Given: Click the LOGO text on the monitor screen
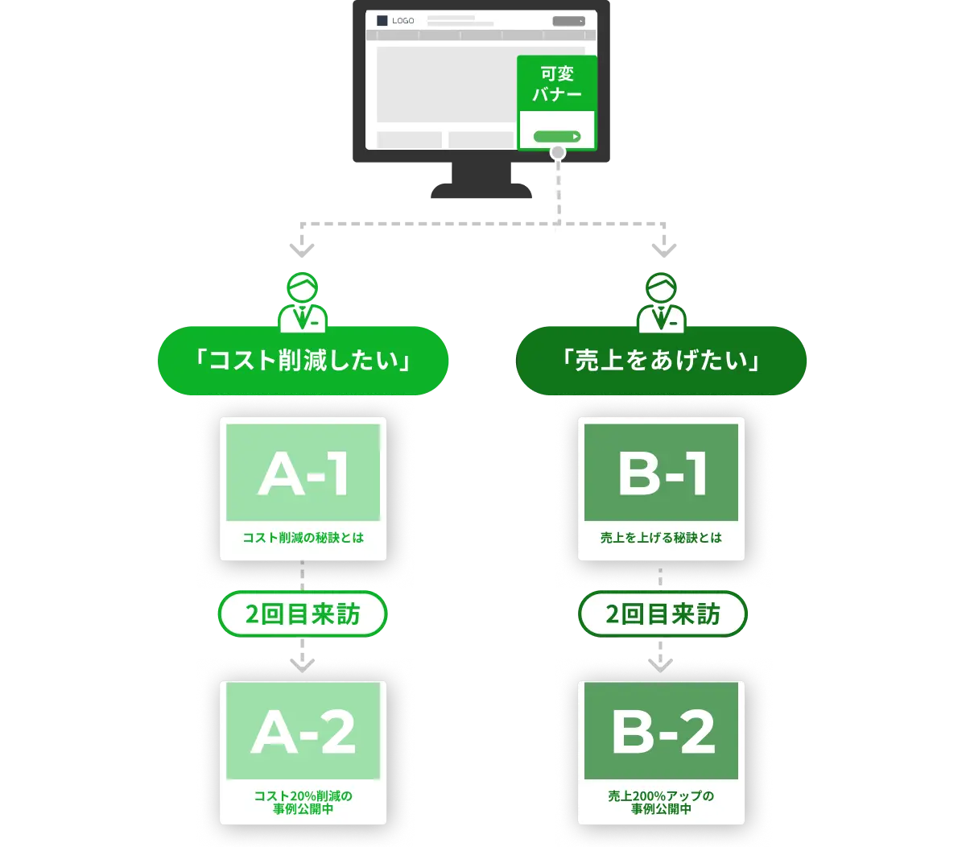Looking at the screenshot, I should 402,21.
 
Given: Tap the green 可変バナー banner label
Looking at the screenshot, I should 557,84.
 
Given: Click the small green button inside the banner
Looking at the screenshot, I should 557,136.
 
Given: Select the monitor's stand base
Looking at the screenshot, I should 480,191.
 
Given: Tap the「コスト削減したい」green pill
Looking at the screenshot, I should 303,361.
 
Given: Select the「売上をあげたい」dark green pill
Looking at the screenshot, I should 662,361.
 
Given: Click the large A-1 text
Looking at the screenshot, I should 303,475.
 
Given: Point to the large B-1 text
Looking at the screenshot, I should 662,475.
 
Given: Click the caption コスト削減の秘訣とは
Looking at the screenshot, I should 303,537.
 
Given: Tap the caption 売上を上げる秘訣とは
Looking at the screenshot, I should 662,537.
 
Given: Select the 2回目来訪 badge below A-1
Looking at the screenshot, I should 303,615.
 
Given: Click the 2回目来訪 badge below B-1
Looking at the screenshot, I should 662,615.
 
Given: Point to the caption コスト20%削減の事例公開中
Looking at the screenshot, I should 303,803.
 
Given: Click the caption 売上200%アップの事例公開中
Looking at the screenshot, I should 662,803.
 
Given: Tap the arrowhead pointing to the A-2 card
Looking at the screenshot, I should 303,664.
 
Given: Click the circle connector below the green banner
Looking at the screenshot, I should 557,155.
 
